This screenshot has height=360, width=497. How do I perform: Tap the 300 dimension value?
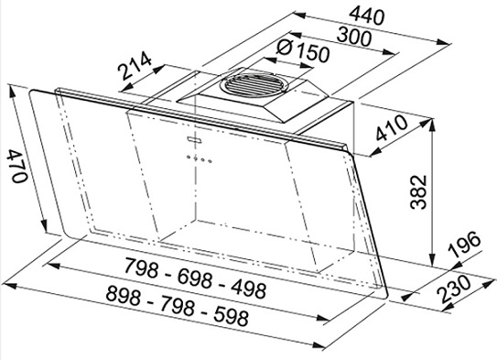pyautogui.click(x=353, y=37)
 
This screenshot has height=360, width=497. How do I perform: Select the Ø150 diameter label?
pyautogui.click(x=303, y=51)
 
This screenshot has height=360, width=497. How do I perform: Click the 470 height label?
pyautogui.click(x=16, y=166)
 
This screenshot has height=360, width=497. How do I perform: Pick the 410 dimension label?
pyautogui.click(x=391, y=128)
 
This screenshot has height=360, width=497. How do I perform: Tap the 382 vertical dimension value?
pyautogui.click(x=418, y=191)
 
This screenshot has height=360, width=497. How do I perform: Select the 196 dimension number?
pyautogui.click(x=464, y=245)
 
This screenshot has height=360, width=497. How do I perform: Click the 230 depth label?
pyautogui.click(x=454, y=288)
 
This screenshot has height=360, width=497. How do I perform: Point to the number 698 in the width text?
pyautogui.click(x=194, y=278)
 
